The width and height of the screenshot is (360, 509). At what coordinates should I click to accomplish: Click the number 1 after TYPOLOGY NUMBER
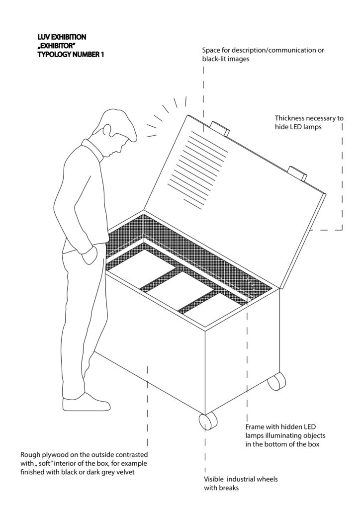(102, 54)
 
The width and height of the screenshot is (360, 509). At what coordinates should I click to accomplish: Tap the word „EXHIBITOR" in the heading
(55, 46)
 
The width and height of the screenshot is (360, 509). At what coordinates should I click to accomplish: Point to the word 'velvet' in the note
(125, 472)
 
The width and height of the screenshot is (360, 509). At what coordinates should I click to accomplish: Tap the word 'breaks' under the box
(229, 488)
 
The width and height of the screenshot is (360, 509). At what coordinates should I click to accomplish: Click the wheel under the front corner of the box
(207, 422)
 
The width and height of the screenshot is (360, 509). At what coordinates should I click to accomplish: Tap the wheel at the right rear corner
(277, 381)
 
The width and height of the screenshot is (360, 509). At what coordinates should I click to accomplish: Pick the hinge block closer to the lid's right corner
(297, 173)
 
